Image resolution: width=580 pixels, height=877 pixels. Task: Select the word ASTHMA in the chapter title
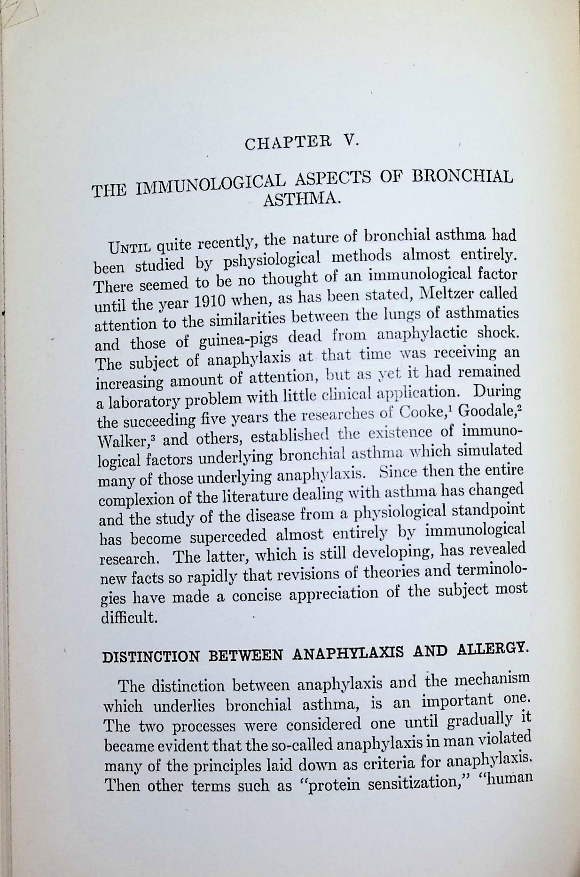pyautogui.click(x=301, y=199)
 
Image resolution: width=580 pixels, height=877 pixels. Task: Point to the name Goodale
pyautogui.click(x=486, y=410)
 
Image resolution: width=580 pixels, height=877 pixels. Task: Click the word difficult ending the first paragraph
pyautogui.click(x=128, y=617)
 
